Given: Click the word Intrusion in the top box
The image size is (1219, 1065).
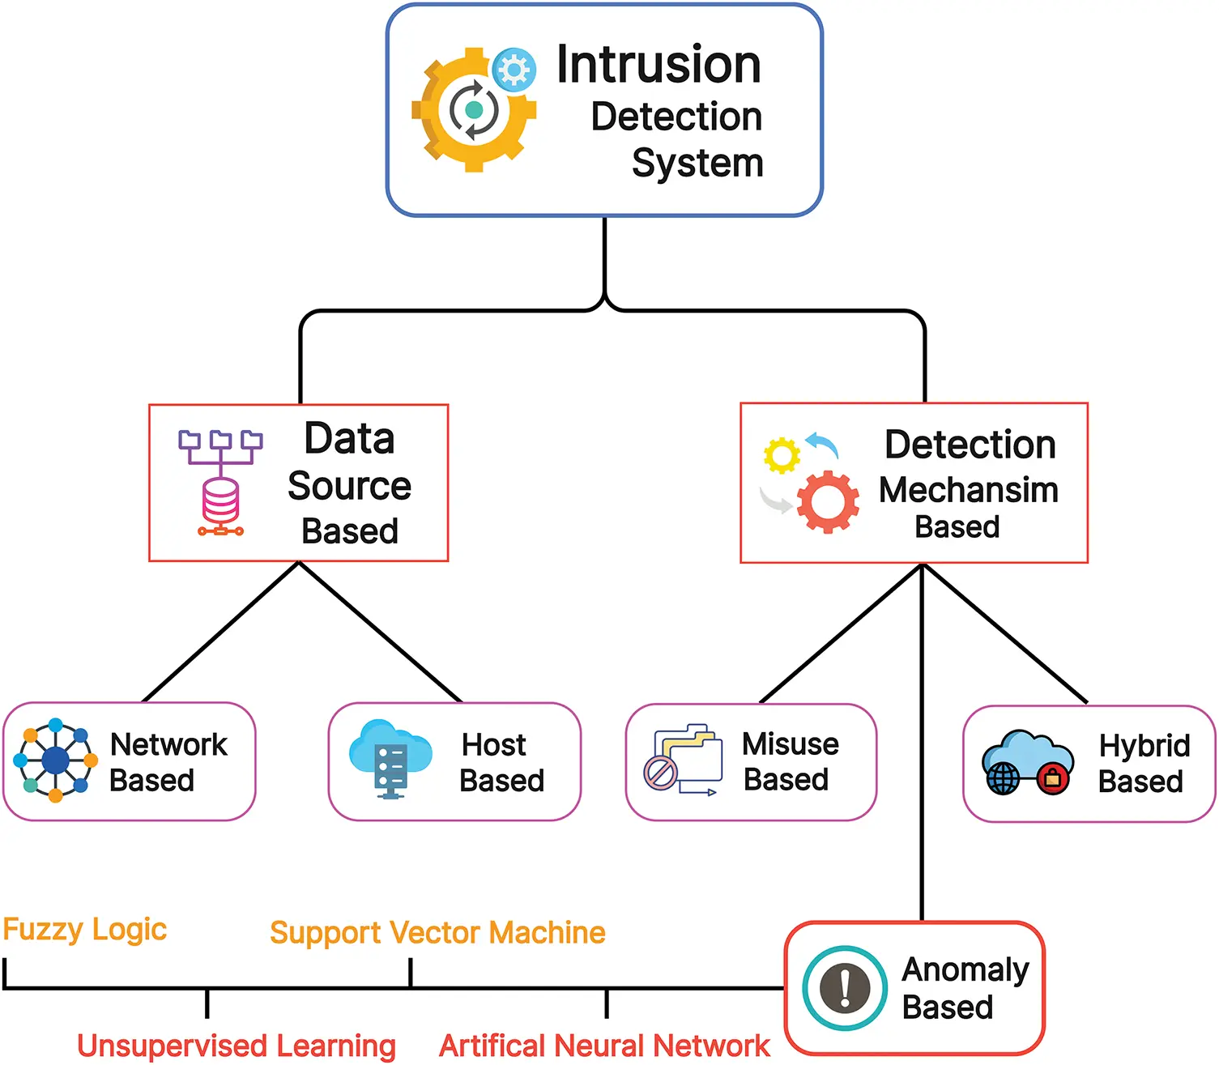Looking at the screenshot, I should pyautogui.click(x=659, y=65).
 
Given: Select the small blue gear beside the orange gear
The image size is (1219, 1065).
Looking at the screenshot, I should pyautogui.click(x=514, y=69).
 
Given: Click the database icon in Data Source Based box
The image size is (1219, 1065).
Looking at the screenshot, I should pyautogui.click(x=220, y=502).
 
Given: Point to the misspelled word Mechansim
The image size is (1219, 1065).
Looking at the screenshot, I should pyautogui.click(x=969, y=490).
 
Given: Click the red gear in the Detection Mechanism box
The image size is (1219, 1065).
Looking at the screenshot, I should pyautogui.click(x=828, y=502).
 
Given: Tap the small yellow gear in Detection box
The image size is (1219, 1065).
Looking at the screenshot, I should pyautogui.click(x=782, y=455).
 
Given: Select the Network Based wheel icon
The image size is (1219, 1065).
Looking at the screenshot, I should pyautogui.click(x=55, y=760).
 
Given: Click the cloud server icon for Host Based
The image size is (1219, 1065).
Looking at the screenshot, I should pyautogui.click(x=390, y=759).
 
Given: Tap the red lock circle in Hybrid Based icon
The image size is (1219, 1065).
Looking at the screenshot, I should pyautogui.click(x=1053, y=779).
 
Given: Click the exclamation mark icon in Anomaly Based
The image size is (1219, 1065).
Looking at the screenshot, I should pyautogui.click(x=845, y=988).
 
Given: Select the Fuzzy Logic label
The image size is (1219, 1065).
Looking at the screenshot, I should pyautogui.click(x=85, y=930).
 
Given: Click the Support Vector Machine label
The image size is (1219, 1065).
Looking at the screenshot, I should pyautogui.click(x=437, y=933).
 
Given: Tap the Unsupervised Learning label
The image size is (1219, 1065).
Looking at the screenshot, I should pyautogui.click(x=237, y=1046).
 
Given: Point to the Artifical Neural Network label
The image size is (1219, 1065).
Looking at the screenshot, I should pyautogui.click(x=604, y=1046).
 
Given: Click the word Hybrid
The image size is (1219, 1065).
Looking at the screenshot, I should pyautogui.click(x=1144, y=746).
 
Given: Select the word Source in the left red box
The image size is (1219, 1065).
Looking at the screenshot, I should pyautogui.click(x=349, y=486).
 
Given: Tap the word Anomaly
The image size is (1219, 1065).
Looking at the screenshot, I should pyautogui.click(x=965, y=969).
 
